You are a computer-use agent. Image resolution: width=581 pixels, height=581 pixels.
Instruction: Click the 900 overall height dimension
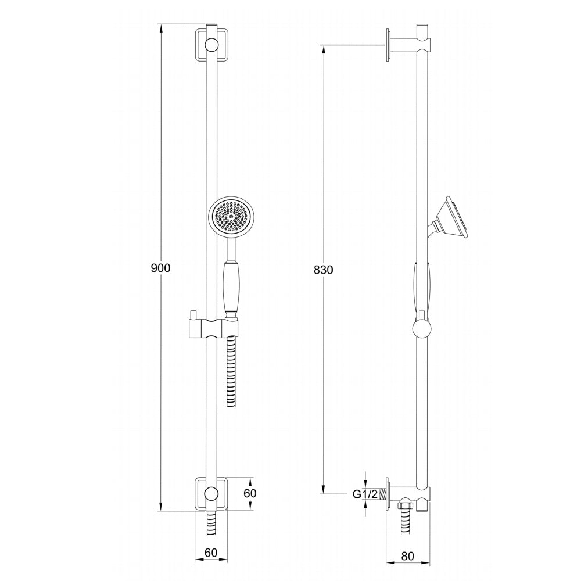[x=160, y=268]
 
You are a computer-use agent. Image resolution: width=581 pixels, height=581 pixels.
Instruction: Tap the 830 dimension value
[x=322, y=270]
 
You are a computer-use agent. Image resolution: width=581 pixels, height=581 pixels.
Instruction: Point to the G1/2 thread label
[x=365, y=494]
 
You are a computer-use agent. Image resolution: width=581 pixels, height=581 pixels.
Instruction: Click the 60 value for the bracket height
[x=249, y=493]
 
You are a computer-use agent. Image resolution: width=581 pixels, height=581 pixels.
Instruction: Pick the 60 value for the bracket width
[x=210, y=553]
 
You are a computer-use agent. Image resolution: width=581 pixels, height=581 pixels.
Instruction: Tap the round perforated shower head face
[x=231, y=217]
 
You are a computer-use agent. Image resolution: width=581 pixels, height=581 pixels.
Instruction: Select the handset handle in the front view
[x=231, y=288]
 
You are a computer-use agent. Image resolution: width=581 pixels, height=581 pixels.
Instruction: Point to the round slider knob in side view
[x=422, y=328]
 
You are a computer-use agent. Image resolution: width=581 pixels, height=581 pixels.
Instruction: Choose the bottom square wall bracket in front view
[x=211, y=494]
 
